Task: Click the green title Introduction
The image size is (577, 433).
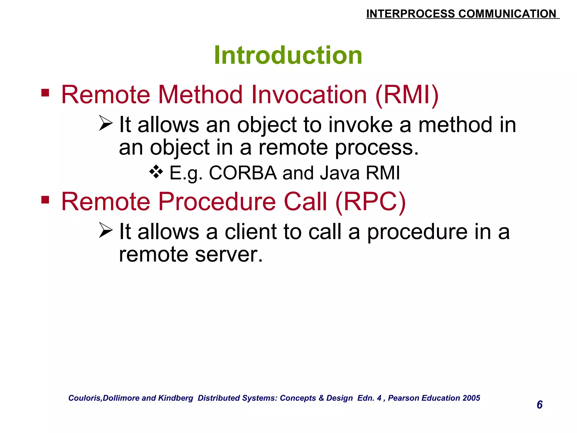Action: point(288,55)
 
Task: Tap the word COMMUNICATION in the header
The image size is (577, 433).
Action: point(507,14)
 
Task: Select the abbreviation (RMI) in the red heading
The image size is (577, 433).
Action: point(407,95)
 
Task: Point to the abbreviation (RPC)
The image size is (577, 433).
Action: point(370,202)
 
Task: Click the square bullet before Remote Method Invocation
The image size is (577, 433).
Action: point(45,93)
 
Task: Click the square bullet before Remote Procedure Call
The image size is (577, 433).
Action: point(45,200)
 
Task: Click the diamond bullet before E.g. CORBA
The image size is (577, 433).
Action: point(156,172)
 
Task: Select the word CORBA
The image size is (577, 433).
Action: point(243,173)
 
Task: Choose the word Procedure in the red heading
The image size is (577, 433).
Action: point(217,202)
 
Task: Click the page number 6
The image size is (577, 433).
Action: point(540,405)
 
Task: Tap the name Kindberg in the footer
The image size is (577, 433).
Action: point(176,398)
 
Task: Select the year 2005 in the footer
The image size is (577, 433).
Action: point(471,398)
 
